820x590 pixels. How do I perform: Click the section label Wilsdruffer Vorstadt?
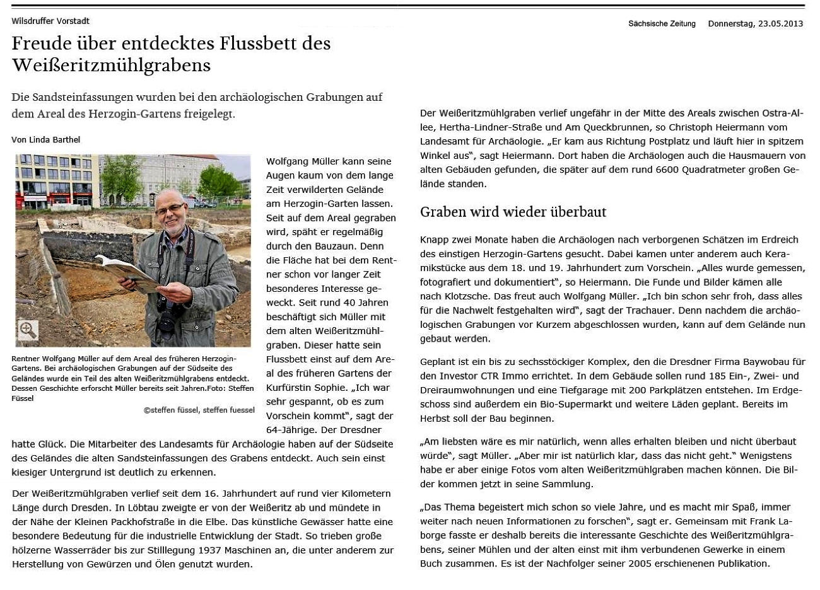[x=50, y=21]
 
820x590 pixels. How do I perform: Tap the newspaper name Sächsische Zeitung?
[x=662, y=24]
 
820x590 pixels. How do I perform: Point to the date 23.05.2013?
[x=780, y=24]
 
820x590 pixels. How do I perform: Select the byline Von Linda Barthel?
[x=45, y=140]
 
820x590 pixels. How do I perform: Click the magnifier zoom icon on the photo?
[x=28, y=330]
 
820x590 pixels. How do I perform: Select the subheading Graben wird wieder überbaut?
[x=513, y=212]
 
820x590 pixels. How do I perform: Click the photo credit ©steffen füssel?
[x=170, y=410]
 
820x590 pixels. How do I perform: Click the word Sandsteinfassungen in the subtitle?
[x=105, y=98]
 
